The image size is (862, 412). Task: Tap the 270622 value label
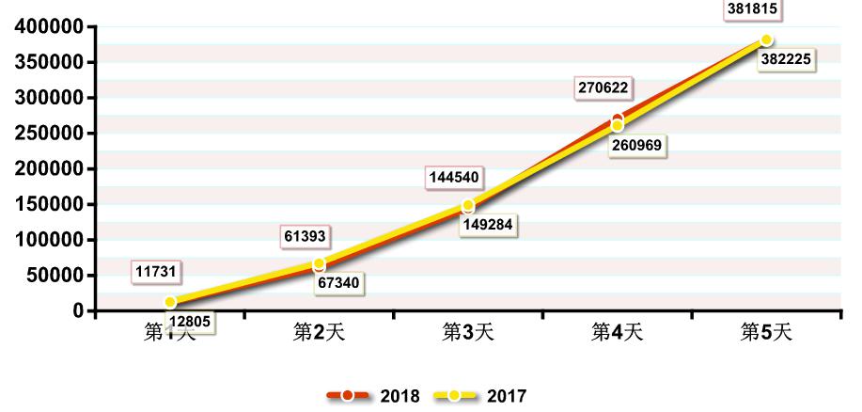click(603, 88)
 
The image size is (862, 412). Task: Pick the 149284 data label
click(488, 226)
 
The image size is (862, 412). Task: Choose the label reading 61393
click(306, 236)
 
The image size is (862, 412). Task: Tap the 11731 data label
click(156, 272)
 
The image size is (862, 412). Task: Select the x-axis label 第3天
click(468, 332)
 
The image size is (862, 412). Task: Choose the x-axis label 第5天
click(767, 332)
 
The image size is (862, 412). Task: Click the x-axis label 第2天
click(319, 332)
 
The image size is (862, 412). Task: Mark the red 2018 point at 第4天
click(618, 119)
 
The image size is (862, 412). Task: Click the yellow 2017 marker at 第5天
click(766, 40)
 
